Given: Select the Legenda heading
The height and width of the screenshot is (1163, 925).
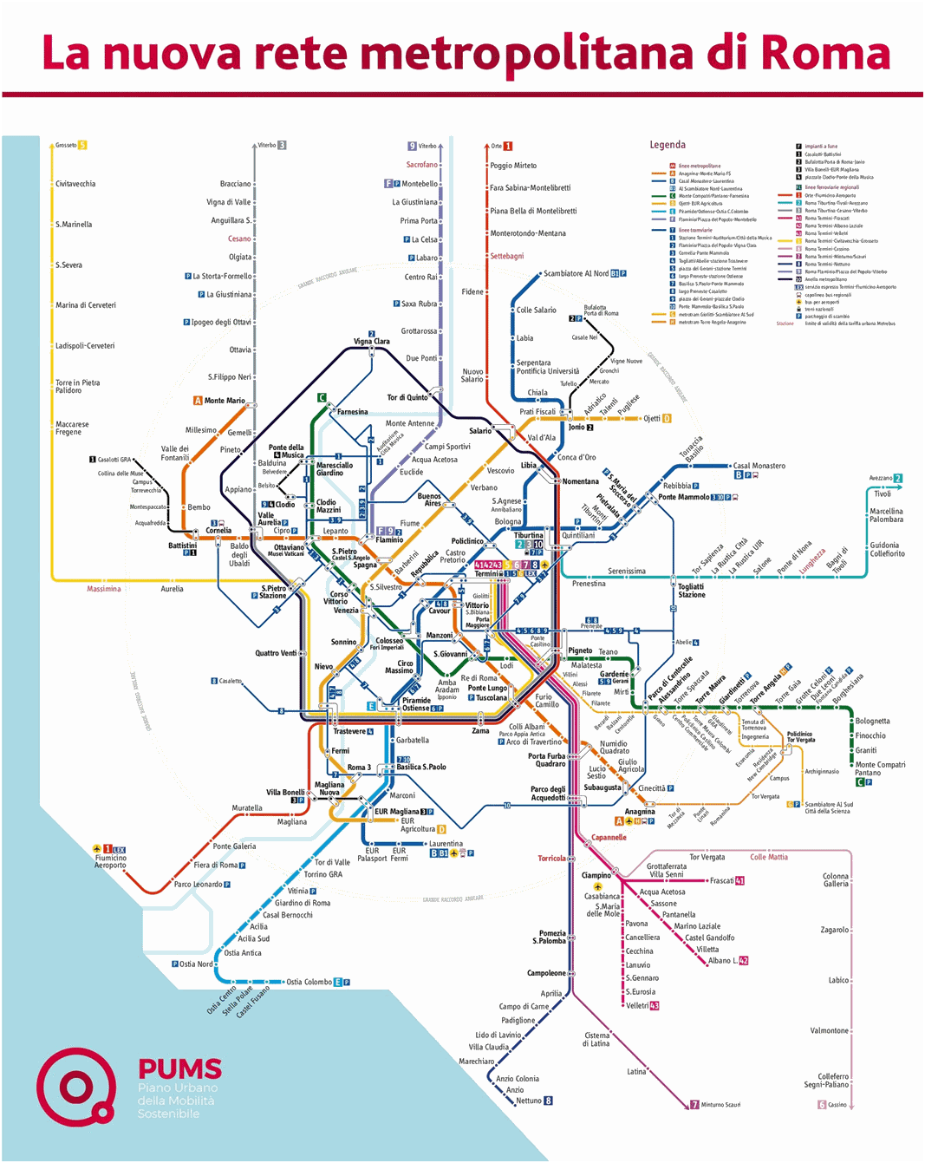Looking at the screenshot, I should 668,145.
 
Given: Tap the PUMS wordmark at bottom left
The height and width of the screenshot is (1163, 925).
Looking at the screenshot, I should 179,1069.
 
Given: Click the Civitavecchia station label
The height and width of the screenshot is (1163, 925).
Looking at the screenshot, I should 75,184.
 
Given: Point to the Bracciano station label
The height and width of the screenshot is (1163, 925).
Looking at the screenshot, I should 235,184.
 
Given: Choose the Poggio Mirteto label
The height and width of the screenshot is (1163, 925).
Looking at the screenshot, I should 513,166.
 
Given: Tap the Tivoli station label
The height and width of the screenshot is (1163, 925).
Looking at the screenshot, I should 882,493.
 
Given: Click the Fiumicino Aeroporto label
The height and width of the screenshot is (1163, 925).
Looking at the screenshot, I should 110,861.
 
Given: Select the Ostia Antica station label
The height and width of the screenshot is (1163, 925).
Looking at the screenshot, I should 243,953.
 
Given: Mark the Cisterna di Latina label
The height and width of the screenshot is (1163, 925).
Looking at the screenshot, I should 596,1039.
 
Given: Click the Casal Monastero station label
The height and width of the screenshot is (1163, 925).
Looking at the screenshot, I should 759,466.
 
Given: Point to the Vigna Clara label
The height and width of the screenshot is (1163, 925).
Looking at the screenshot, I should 371,342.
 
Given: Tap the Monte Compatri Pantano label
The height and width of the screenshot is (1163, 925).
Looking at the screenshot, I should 880,768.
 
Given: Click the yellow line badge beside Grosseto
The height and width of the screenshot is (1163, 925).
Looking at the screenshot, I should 83,145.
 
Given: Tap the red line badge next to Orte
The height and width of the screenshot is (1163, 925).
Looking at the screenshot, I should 508,146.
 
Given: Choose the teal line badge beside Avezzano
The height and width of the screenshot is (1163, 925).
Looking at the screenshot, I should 898,478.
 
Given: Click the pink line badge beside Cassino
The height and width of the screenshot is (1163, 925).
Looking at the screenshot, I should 822,1105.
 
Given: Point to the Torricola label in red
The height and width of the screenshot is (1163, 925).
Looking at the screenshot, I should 551,859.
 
